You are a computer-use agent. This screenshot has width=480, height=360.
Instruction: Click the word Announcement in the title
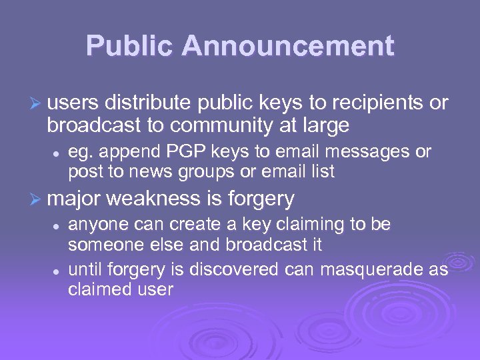point(288,47)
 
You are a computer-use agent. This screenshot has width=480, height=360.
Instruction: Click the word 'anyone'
point(95,225)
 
